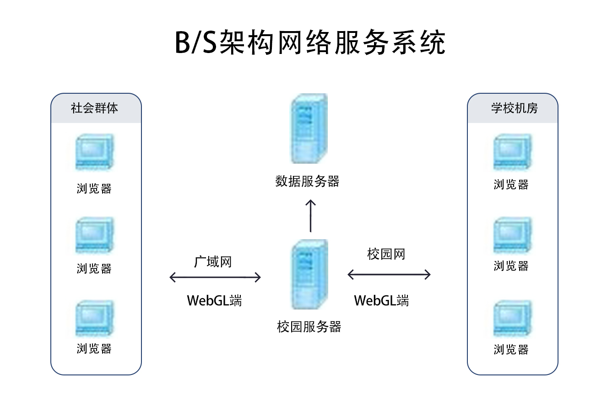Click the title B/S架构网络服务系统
(x=310, y=43)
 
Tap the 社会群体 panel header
(x=95, y=108)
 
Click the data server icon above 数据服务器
(x=309, y=128)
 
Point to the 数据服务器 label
(x=307, y=182)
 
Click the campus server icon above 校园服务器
(x=310, y=274)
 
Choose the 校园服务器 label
(x=309, y=326)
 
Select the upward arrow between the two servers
(x=311, y=216)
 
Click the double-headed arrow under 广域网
(x=215, y=277)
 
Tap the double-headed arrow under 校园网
(x=389, y=274)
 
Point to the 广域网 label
(x=213, y=262)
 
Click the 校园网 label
(x=386, y=254)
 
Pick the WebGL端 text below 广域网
(x=214, y=301)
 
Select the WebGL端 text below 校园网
(x=381, y=301)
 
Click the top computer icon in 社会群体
(x=94, y=153)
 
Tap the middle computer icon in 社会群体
(x=94, y=235)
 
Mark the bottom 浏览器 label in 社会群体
(x=94, y=348)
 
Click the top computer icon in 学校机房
(x=512, y=153)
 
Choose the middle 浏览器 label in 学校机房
(x=511, y=266)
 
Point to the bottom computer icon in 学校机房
(x=512, y=319)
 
